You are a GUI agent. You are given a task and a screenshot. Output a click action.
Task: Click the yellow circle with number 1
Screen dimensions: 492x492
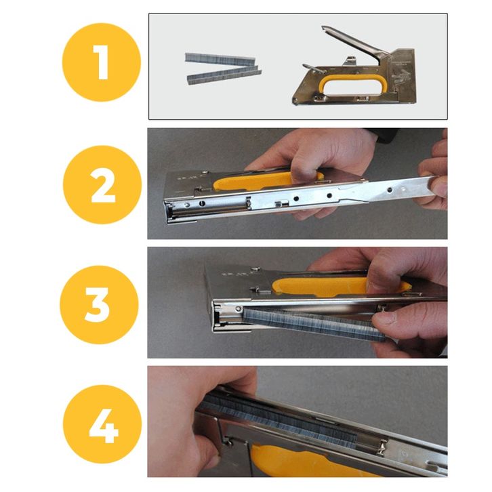[102, 62]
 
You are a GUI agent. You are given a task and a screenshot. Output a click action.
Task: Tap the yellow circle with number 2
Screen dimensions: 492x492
[102, 184]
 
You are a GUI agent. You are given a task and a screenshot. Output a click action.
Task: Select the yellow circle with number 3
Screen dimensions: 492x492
[99, 305]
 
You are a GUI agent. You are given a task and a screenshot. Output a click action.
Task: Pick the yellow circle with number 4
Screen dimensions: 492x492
[102, 424]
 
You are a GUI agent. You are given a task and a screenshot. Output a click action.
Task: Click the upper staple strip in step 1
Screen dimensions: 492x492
[221, 59]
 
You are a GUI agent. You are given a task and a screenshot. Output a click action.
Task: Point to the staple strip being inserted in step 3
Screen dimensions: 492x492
[314, 323]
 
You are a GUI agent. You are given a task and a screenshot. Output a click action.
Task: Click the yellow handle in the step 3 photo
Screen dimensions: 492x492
[340, 286]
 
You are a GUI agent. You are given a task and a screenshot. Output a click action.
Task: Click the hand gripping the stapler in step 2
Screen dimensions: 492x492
[314, 157]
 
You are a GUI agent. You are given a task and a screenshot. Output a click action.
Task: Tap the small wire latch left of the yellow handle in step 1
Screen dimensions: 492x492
[314, 68]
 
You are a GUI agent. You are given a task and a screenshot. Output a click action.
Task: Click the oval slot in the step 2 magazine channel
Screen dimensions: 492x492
[202, 203]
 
